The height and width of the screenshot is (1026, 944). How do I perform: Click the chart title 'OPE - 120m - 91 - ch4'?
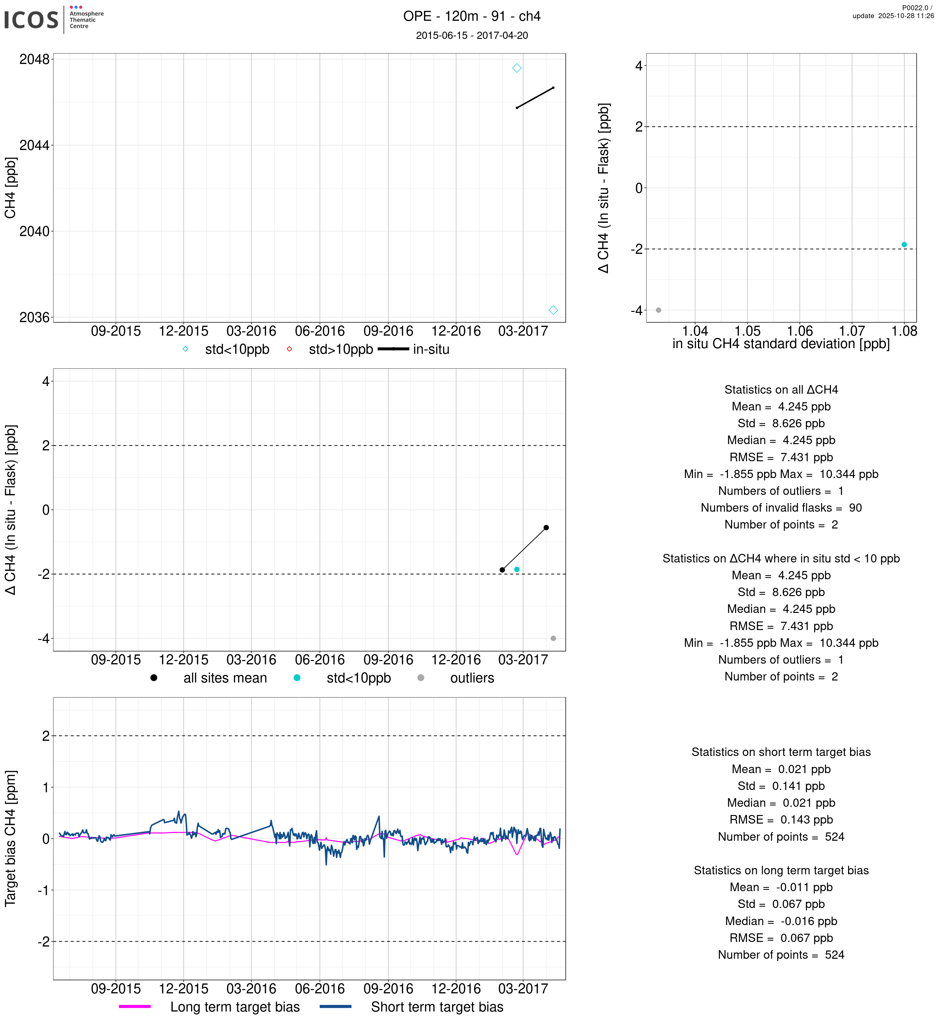coord(472,16)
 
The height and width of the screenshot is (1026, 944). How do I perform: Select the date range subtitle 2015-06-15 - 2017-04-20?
coord(472,35)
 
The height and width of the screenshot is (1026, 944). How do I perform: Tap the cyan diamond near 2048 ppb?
coord(517,68)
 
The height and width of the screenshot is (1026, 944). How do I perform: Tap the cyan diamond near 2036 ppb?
coord(553,310)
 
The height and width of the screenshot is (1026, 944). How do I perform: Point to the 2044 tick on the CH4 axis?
coord(34,146)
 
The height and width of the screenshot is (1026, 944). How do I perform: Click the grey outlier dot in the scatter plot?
coord(658,310)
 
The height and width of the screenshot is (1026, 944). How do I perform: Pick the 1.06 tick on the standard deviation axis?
coord(800,331)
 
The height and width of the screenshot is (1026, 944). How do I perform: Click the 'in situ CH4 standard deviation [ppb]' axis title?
coord(781,344)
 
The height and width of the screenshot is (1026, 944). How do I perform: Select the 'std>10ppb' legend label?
coord(341,350)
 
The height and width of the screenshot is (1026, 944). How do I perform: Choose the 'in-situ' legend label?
coord(431,350)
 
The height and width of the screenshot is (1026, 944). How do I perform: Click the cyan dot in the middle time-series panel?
coord(517,569)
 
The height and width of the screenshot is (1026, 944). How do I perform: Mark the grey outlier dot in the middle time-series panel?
coord(553,639)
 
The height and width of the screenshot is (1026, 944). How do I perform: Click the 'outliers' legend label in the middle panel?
coord(472,679)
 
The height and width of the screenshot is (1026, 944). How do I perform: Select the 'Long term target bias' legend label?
coord(235,1007)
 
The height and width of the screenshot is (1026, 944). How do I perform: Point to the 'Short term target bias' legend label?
coord(437,1007)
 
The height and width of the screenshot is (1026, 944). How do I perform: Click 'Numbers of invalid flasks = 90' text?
coord(781,508)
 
